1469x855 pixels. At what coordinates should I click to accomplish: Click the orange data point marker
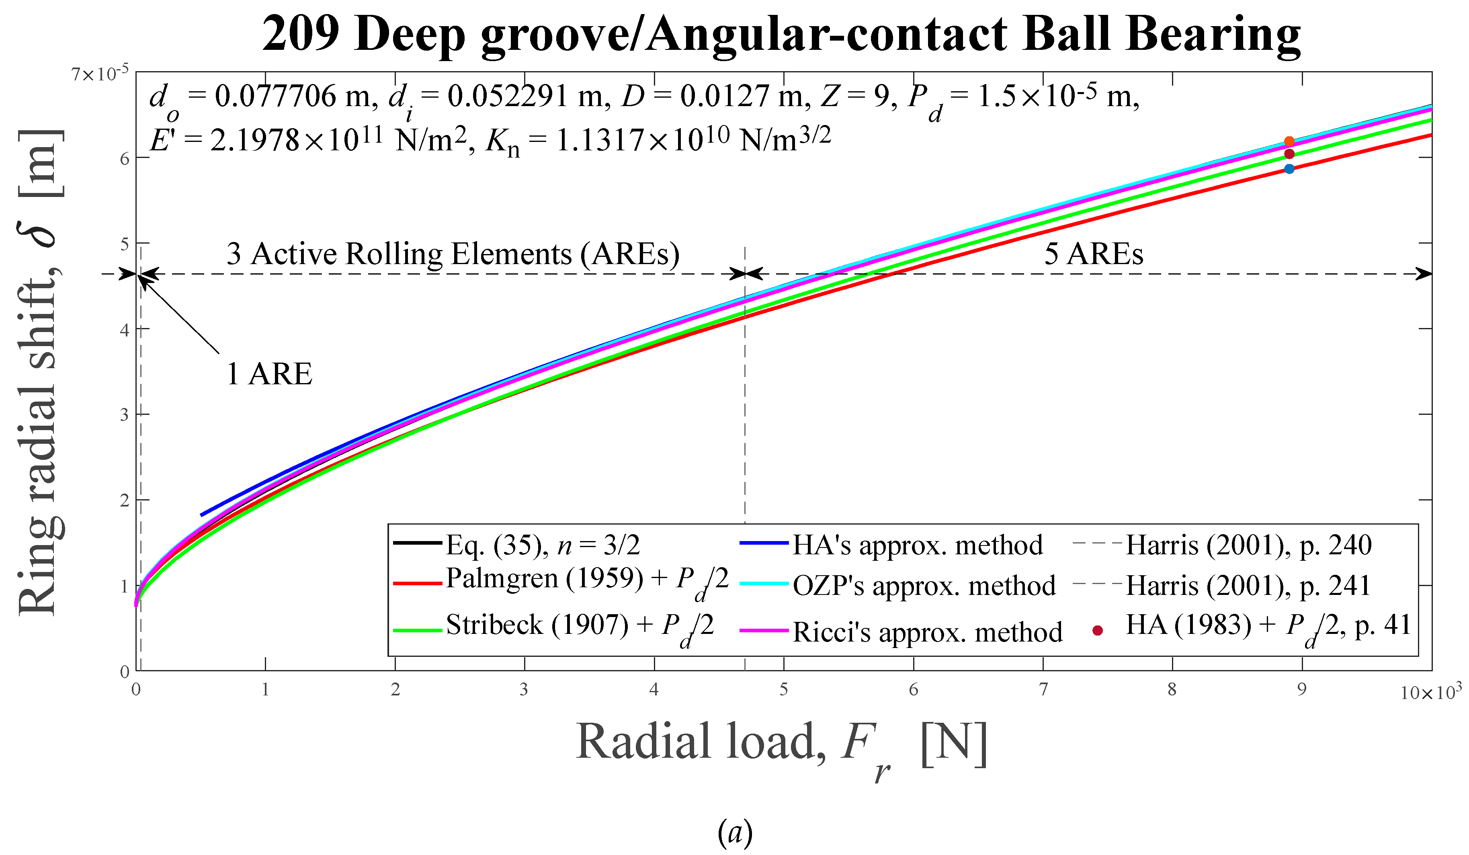(1289, 141)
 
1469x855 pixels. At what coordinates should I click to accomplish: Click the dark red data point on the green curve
(1289, 154)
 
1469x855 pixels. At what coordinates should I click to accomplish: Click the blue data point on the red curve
(1289, 169)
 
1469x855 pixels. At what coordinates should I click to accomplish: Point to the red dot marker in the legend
(1098, 630)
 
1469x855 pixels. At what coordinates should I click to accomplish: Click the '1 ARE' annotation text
(269, 374)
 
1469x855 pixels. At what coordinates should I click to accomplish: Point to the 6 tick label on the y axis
(124, 159)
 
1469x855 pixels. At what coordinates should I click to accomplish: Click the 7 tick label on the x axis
(1043, 690)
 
